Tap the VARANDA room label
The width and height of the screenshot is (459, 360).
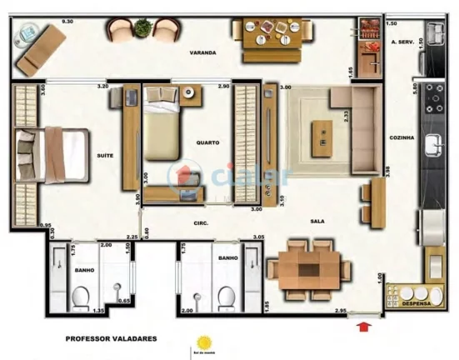[x=202, y=52]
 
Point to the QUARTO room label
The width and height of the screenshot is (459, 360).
[x=207, y=142]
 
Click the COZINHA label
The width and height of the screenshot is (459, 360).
[x=402, y=137]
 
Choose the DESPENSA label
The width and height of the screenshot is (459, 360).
[x=416, y=306]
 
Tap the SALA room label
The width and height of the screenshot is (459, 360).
[x=317, y=221]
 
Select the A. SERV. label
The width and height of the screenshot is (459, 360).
[x=402, y=41]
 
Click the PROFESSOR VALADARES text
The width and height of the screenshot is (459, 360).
[x=109, y=339]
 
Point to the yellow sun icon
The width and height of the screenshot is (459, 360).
[x=202, y=342]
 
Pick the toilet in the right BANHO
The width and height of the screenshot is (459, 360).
[x=225, y=295]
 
